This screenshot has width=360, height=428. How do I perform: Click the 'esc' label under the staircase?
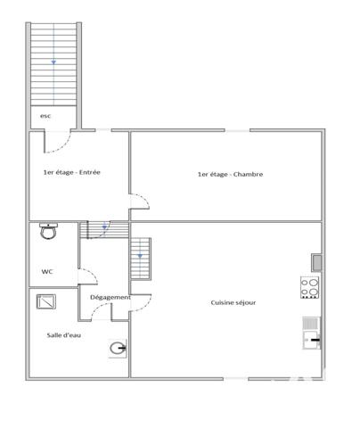(x=45, y=116)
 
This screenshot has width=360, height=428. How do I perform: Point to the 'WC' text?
(x=46, y=271)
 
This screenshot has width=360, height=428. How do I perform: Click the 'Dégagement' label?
(x=110, y=297)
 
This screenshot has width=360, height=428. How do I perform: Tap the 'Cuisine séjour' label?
(x=233, y=302)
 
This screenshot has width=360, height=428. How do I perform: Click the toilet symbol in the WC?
(x=48, y=232)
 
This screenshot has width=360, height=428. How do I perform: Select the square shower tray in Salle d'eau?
(x=45, y=301)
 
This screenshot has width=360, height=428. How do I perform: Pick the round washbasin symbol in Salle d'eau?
(x=118, y=348)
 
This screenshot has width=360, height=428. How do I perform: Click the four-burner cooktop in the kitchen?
(x=310, y=287)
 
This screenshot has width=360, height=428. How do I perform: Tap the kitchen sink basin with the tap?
(x=310, y=338)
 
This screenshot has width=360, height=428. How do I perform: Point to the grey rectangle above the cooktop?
(x=315, y=261)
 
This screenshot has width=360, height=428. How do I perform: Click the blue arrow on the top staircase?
(x=53, y=62)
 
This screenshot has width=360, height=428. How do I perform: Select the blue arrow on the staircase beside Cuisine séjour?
(x=139, y=257)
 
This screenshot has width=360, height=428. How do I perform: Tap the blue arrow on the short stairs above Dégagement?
(x=104, y=227)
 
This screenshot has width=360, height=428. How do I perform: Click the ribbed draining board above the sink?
(x=310, y=322)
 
